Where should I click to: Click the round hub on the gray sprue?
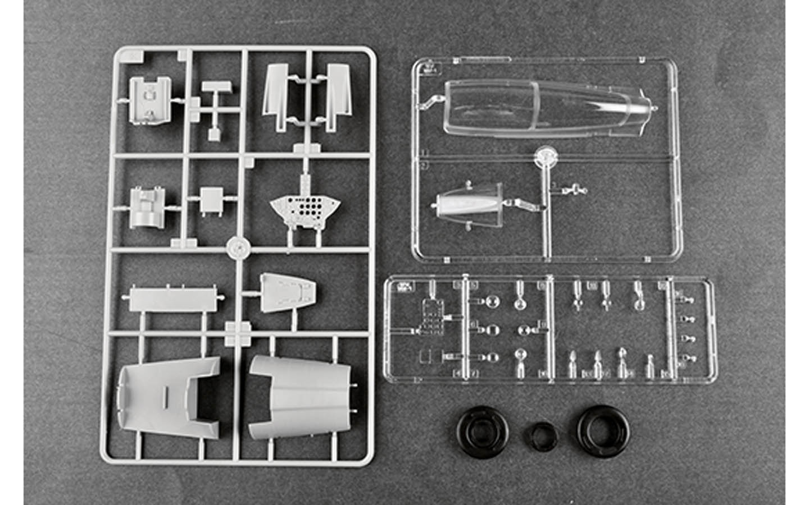[x=239, y=246]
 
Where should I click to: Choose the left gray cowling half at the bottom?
[x=169, y=396]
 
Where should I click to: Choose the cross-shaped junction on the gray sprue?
[x=239, y=333]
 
